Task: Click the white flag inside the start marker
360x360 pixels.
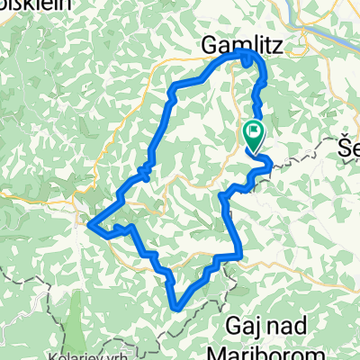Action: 255,131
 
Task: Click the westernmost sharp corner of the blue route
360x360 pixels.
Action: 92,224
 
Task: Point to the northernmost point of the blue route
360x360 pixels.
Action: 245,54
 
